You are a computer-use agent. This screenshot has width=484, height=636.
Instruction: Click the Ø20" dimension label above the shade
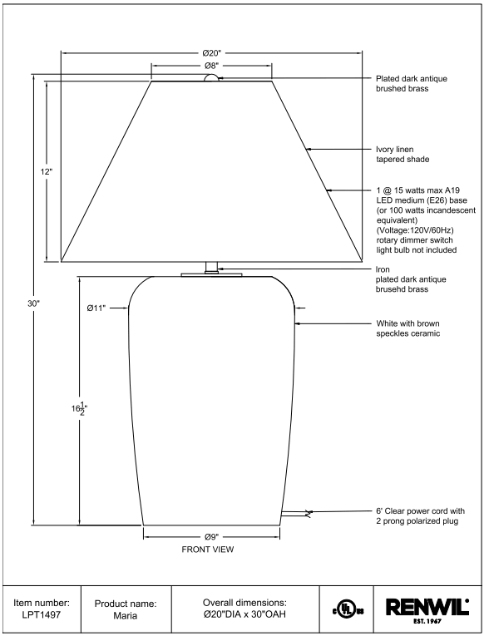pos(211,53)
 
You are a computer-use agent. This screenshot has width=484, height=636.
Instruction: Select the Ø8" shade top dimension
pos(211,66)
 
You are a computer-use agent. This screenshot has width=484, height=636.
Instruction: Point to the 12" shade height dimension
pos(47,171)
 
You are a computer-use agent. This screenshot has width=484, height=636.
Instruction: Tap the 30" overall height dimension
pos(34,303)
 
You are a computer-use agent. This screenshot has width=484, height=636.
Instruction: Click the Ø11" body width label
pos(96,308)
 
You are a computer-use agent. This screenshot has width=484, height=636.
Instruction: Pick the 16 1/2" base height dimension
pos(80,409)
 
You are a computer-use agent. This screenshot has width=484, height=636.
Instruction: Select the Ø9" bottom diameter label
pos(211,537)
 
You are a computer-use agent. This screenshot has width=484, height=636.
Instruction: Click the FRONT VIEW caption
pos(208,550)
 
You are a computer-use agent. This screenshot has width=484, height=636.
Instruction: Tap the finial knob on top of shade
pos(211,78)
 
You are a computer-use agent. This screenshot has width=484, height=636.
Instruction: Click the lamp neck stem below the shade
pos(211,268)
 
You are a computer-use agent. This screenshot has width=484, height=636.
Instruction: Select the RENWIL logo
pos(427,609)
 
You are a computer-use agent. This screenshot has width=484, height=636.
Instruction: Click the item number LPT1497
pos(42,614)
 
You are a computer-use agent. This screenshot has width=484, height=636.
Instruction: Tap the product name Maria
pos(126,615)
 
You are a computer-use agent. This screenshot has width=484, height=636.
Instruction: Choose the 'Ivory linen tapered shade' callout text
pos(403,154)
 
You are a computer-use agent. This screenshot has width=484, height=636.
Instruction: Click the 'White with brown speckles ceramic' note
pos(408,328)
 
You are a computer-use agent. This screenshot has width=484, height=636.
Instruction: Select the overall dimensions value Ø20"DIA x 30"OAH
pos(244,614)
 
